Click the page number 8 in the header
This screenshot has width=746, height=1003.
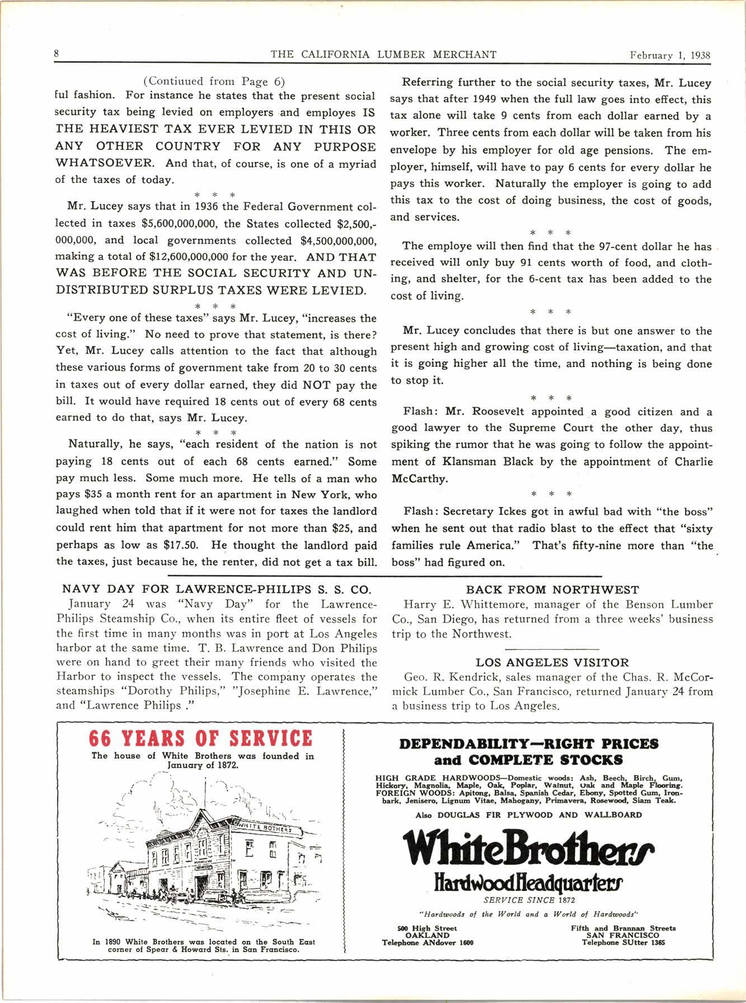(x=57, y=54)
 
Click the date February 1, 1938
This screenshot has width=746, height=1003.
(x=669, y=55)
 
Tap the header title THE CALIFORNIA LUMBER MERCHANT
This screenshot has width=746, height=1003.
(x=383, y=54)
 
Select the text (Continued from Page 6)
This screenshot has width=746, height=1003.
(x=215, y=82)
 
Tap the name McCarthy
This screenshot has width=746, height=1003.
(x=419, y=479)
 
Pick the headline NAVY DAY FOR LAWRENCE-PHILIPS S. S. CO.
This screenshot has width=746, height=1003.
(x=215, y=589)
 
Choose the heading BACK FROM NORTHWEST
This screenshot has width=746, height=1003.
(x=552, y=589)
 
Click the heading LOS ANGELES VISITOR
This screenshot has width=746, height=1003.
(x=552, y=663)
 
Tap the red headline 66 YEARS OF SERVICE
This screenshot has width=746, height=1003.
(x=200, y=738)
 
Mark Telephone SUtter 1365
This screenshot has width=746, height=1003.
(x=623, y=943)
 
